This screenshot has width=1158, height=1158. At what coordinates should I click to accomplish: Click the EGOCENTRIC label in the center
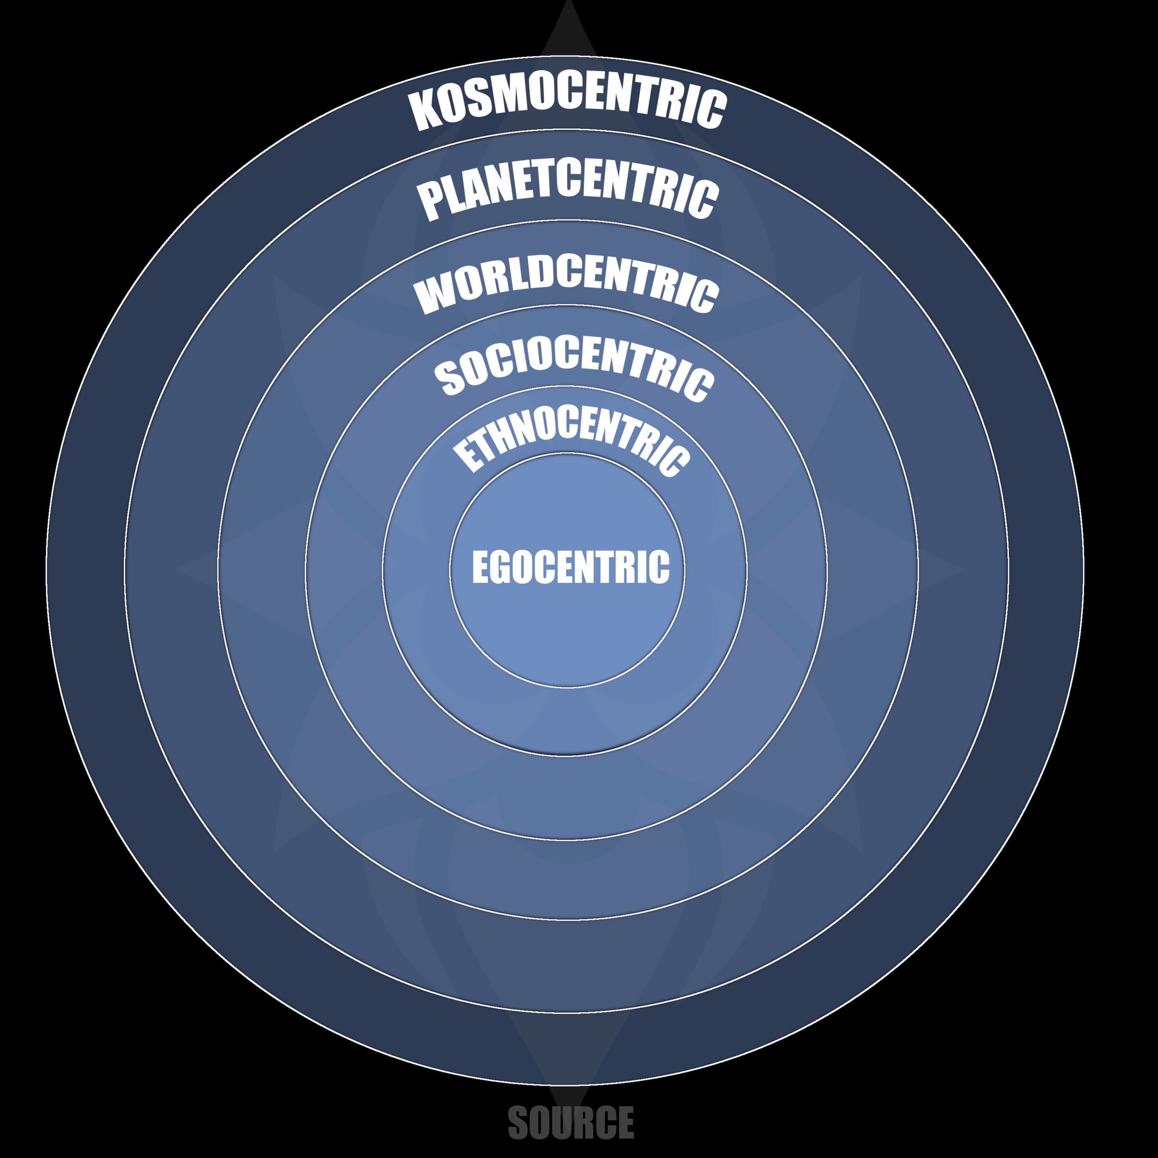pos(570,566)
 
